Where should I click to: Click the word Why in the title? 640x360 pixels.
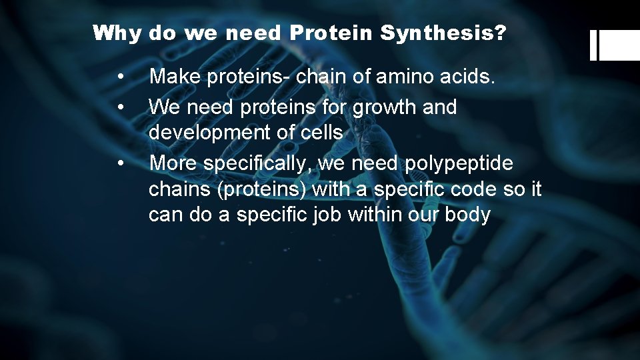tap(117, 33)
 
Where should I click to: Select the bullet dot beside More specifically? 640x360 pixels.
tap(120, 163)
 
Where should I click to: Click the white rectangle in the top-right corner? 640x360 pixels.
tap(619, 45)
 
